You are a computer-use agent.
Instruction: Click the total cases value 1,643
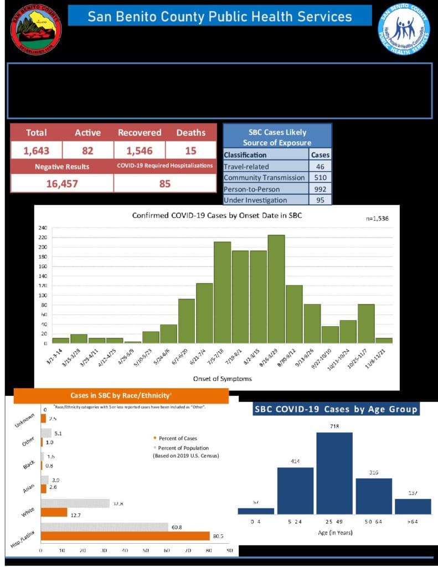(36, 151)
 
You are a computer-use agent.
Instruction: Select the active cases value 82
(87, 151)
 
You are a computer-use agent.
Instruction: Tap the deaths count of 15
(190, 151)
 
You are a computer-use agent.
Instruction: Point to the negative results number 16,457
(61, 183)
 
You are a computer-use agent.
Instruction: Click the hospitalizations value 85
(164, 183)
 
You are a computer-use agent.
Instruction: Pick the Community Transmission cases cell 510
(321, 177)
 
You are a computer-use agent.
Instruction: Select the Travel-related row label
(246, 166)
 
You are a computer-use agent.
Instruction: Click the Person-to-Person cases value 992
(321, 189)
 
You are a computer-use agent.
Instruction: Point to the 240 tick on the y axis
(43, 228)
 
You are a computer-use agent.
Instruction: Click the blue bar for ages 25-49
(334, 473)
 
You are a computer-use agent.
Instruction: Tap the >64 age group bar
(413, 506)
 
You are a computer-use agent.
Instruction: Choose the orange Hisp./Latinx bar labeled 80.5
(125, 536)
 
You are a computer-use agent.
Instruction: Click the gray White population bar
(75, 503)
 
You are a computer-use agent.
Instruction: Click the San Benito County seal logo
(36, 28)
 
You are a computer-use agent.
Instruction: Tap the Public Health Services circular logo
(404, 28)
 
